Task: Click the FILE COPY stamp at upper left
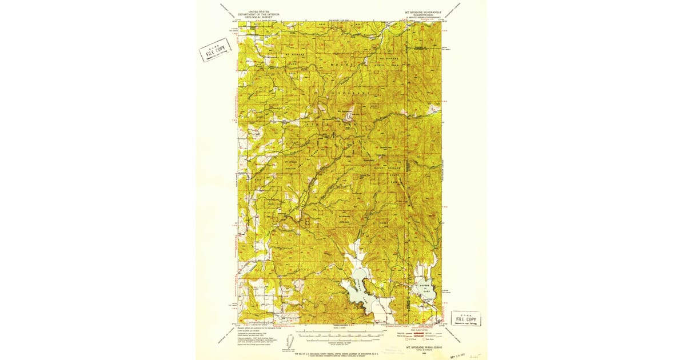[x=215, y=51]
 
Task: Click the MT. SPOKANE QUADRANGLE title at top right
[x=424, y=12]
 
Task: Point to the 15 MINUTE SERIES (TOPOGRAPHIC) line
[x=424, y=18]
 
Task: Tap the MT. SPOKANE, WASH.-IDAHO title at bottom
[x=423, y=347]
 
